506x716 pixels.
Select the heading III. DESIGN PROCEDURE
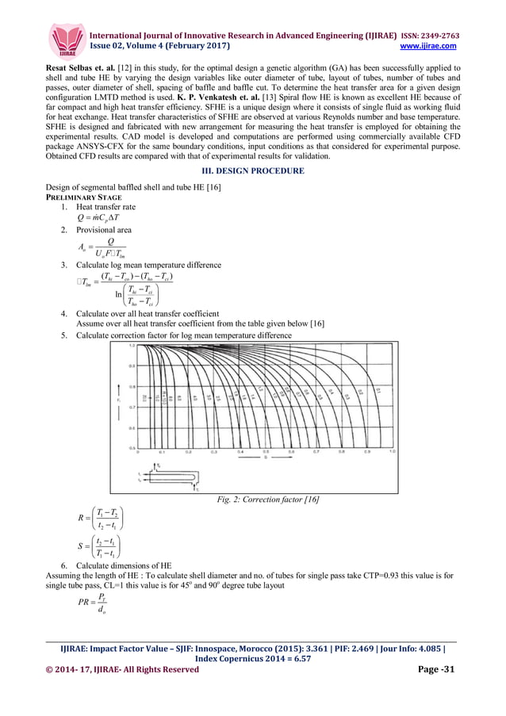coord(253,170)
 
